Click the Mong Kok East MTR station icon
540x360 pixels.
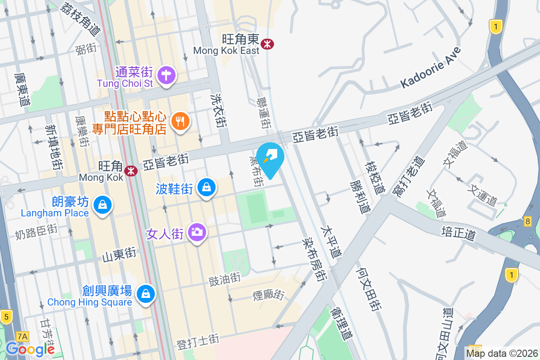(x=267, y=44)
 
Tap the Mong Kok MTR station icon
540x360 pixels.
(x=131, y=171)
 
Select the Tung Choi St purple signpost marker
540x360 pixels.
(x=167, y=75)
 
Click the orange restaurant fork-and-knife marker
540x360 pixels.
(x=181, y=121)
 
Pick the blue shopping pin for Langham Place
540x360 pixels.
(x=103, y=205)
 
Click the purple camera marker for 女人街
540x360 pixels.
(x=197, y=232)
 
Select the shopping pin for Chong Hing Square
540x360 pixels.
(x=145, y=294)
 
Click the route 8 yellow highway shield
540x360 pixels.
(x=528, y=221)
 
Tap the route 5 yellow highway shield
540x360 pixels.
(x=6, y=317)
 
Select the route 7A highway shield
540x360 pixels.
(x=22, y=336)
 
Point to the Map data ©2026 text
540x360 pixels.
(x=502, y=353)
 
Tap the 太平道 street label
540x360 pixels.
(x=331, y=241)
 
